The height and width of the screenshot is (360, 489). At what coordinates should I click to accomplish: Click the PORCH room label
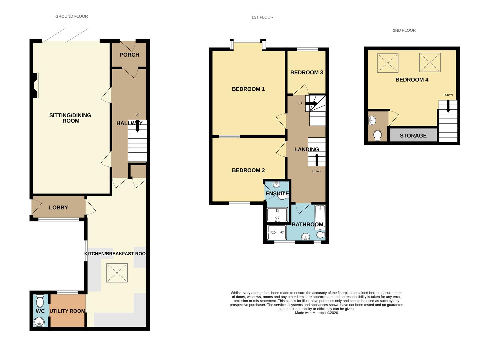click(x=129, y=55)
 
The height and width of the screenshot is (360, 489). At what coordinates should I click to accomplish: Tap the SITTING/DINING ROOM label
click(x=70, y=118)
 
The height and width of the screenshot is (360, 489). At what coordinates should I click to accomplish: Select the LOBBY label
click(x=58, y=207)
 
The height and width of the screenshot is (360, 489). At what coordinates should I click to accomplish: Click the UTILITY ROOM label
click(x=67, y=311)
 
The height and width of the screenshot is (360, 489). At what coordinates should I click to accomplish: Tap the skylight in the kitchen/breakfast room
click(x=117, y=273)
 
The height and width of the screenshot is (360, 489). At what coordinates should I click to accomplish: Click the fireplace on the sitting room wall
click(x=36, y=85)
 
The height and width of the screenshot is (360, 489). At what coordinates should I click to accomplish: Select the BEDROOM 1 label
click(x=248, y=89)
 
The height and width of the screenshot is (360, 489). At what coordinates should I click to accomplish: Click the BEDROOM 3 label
click(x=307, y=72)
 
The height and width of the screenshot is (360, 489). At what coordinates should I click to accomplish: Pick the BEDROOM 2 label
click(x=248, y=170)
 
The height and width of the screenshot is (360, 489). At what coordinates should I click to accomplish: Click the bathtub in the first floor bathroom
click(x=320, y=217)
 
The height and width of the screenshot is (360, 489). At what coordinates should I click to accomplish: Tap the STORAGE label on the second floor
click(x=413, y=136)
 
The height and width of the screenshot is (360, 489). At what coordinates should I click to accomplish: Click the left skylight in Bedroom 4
click(x=387, y=63)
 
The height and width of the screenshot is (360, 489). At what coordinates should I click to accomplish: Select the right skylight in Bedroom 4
click(x=430, y=62)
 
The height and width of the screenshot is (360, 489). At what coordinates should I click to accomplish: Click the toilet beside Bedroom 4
click(x=377, y=136)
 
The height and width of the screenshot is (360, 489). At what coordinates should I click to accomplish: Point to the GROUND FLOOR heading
click(x=72, y=16)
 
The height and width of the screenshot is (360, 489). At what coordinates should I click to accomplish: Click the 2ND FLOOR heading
click(x=404, y=30)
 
